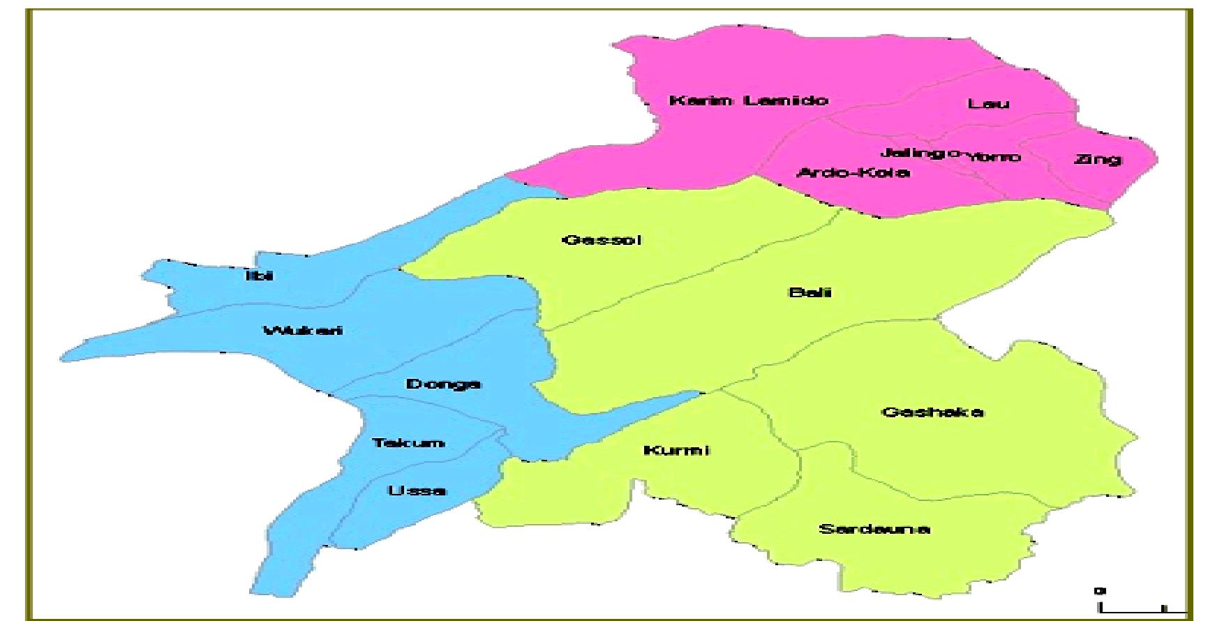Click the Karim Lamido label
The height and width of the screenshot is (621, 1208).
tap(749, 100)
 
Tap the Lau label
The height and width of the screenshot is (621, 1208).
tap(988, 104)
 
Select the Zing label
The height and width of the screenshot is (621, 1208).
tap(1098, 160)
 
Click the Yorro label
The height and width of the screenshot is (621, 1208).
tap(994, 157)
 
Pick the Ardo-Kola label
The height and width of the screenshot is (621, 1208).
tap(853, 172)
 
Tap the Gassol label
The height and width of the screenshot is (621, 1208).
tap(602, 240)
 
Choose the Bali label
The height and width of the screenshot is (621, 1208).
tap(810, 292)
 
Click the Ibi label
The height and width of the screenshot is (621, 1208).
tap(260, 276)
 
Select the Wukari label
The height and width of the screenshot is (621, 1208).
tap(303, 330)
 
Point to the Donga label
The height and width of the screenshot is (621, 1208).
tap(443, 384)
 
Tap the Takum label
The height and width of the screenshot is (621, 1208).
tap(408, 443)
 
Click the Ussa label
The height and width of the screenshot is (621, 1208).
tap(417, 491)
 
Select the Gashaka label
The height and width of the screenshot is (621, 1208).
tap(933, 412)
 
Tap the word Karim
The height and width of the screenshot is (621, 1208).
tap(701, 100)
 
